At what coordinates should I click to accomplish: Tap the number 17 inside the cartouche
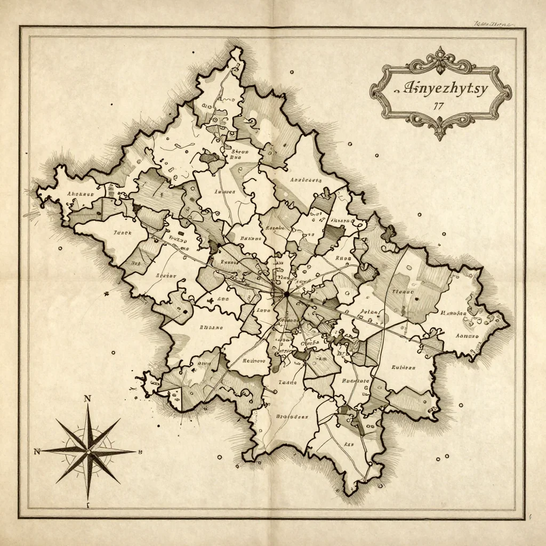pyautogui.click(x=439, y=106)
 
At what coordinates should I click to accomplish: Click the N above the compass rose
pyautogui.click(x=88, y=398)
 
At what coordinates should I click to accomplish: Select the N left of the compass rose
pyautogui.click(x=37, y=452)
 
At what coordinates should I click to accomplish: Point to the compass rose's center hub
pyautogui.click(x=89, y=452)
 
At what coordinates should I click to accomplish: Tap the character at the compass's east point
pyautogui.click(x=140, y=452)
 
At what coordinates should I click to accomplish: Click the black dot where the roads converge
pyautogui.click(x=286, y=294)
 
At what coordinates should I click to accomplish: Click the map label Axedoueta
pyautogui.click(x=305, y=180)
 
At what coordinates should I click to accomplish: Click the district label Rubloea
pyautogui.click(x=403, y=367)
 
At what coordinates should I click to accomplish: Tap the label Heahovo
pyautogui.click(x=254, y=360)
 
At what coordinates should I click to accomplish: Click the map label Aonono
pyautogui.click(x=468, y=336)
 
